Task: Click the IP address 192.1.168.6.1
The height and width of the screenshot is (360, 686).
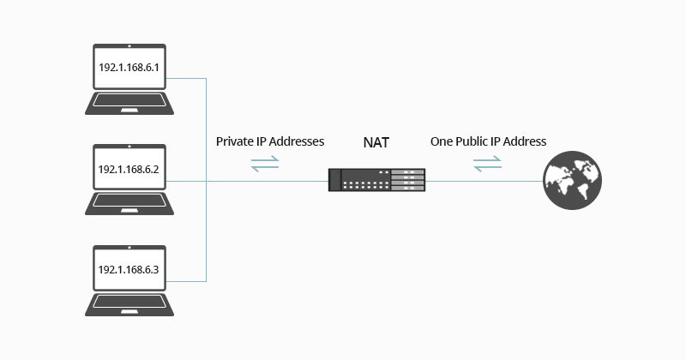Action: [129, 68]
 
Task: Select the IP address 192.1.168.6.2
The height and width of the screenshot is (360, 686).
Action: [129, 170]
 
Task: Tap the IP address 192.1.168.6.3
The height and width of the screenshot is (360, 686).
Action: [129, 269]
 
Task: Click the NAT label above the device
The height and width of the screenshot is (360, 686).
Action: [376, 142]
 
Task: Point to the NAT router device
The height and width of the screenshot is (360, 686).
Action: [376, 180]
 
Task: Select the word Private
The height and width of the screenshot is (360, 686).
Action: [235, 141]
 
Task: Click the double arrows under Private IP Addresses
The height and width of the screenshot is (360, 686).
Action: [265, 164]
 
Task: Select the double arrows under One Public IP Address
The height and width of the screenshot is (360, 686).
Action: [488, 164]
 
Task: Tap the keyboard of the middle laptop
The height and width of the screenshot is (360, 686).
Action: [129, 203]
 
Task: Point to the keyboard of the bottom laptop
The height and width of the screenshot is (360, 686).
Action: [129, 303]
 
